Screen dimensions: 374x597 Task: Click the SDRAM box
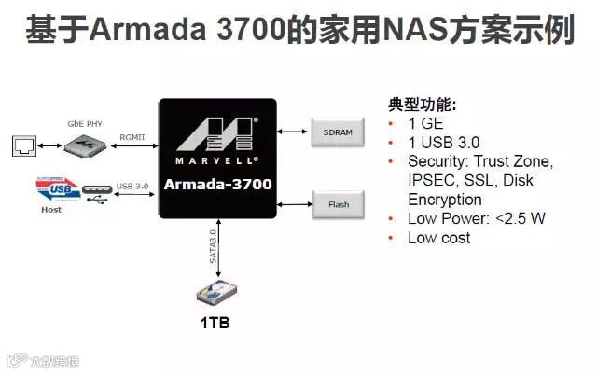[337, 132]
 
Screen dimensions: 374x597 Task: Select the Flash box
[337, 203]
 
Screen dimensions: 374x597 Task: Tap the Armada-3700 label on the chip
[217, 184]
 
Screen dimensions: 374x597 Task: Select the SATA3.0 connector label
[213, 245]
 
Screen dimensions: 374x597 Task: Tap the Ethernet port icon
[23, 145]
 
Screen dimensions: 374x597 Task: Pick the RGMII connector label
[132, 136]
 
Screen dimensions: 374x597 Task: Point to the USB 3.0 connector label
[132, 186]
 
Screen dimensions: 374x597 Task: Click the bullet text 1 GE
[427, 123]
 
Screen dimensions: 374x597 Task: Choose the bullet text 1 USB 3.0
[444, 143]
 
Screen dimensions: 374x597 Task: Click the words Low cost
[439, 238]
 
